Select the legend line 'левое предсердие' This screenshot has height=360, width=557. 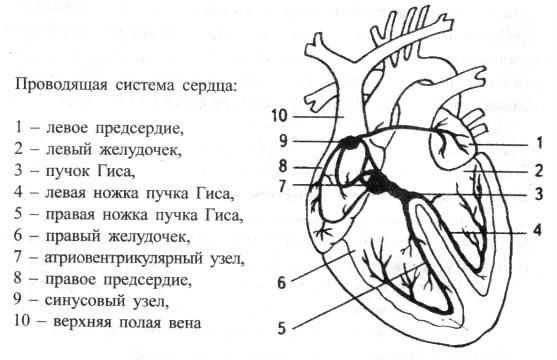tap(101, 129)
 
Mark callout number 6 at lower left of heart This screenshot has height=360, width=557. tap(283, 284)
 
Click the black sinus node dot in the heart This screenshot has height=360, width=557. tap(348, 144)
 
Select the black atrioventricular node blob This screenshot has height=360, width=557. tap(376, 182)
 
